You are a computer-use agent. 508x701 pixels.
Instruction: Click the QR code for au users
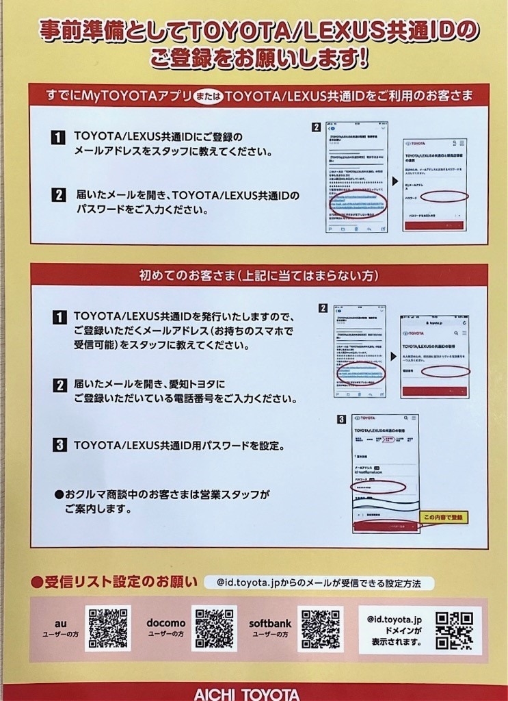click(x=108, y=628)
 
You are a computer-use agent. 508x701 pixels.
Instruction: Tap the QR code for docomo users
click(x=214, y=628)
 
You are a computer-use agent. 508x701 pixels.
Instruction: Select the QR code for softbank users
click(x=321, y=628)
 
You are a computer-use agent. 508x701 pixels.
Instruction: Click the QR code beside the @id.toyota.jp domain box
click(x=455, y=629)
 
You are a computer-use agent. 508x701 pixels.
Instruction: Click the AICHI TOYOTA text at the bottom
click(x=246, y=693)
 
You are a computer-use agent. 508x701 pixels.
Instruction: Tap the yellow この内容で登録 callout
click(x=442, y=517)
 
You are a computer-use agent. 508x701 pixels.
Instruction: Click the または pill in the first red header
click(x=207, y=96)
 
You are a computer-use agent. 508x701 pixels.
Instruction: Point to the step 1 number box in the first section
click(x=59, y=137)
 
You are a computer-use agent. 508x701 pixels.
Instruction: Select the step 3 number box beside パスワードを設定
click(x=59, y=446)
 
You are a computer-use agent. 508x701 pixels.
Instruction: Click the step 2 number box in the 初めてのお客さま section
click(x=59, y=385)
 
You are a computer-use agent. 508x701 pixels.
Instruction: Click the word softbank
click(x=269, y=624)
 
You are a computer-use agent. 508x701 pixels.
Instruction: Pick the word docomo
click(x=165, y=624)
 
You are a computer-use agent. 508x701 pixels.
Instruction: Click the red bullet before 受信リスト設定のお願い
click(x=37, y=583)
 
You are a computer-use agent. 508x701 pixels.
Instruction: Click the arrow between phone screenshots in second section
click(x=393, y=357)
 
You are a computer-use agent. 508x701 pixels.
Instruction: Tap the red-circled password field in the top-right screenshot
click(x=444, y=196)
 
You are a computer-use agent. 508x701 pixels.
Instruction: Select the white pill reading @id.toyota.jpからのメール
click(x=319, y=583)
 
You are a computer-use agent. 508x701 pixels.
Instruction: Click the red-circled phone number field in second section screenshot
click(x=445, y=371)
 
